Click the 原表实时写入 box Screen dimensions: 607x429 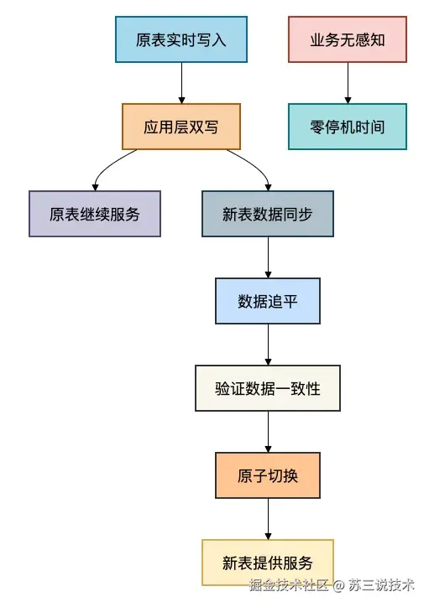tap(181, 39)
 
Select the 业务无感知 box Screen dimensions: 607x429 tap(347, 39)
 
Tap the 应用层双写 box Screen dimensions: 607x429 tap(181, 127)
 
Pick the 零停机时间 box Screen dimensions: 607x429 tap(347, 127)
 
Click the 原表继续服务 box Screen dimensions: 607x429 tap(95, 214)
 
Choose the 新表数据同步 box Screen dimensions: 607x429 tap(268, 214)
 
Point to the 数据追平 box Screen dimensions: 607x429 tap(268, 301)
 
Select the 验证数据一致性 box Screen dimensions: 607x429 tap(268, 388)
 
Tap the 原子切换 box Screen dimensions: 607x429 tap(268, 475)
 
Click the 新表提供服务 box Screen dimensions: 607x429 tap(268, 563)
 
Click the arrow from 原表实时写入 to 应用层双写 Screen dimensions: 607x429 tap(181, 83)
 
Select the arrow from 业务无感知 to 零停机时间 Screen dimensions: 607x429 tap(347, 83)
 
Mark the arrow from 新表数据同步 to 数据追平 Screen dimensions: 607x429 tap(268, 257)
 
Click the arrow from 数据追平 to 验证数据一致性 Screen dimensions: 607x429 tap(268, 345)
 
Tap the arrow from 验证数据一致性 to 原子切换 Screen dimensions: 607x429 tap(268, 432)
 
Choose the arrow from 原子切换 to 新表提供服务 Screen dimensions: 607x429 tap(268, 519)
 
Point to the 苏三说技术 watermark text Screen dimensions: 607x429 tap(382, 584)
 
